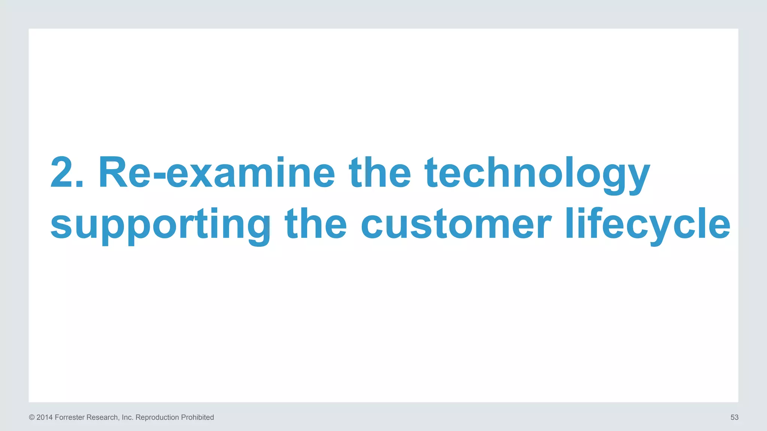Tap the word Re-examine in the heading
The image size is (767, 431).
pos(216,173)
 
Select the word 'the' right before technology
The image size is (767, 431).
pos(380,173)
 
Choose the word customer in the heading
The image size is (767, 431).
pos(456,224)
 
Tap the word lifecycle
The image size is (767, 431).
pos(648,224)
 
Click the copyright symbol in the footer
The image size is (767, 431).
pos(32,418)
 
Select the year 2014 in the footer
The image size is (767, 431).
pos(45,418)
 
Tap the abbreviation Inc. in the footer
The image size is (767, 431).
pos(128,418)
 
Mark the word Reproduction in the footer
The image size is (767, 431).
pos(157,418)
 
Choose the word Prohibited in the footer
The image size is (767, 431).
pos(197,418)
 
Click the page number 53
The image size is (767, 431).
pos(734,418)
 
